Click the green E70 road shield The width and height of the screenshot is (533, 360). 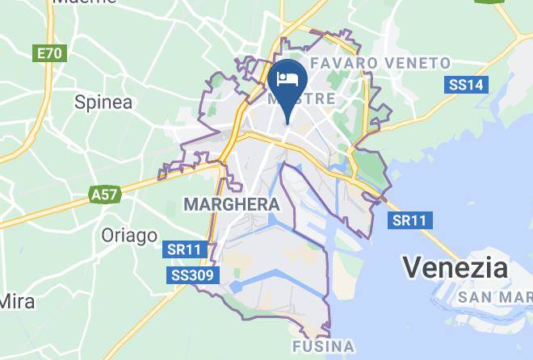(49, 54)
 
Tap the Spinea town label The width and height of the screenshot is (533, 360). (103, 102)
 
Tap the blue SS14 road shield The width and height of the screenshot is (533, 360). (465, 85)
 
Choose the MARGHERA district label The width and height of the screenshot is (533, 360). (231, 204)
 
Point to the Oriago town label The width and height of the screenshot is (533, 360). (129, 236)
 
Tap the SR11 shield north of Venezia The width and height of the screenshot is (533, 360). (410, 220)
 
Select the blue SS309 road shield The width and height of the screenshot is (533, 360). (192, 276)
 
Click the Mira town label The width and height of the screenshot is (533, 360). (17, 301)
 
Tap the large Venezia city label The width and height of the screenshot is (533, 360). (455, 267)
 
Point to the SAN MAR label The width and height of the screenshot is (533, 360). (494, 298)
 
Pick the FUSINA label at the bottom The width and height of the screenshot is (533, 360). (321, 347)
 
